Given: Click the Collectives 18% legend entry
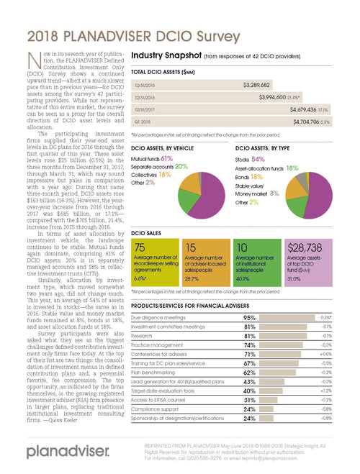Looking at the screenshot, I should click(x=151, y=174).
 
